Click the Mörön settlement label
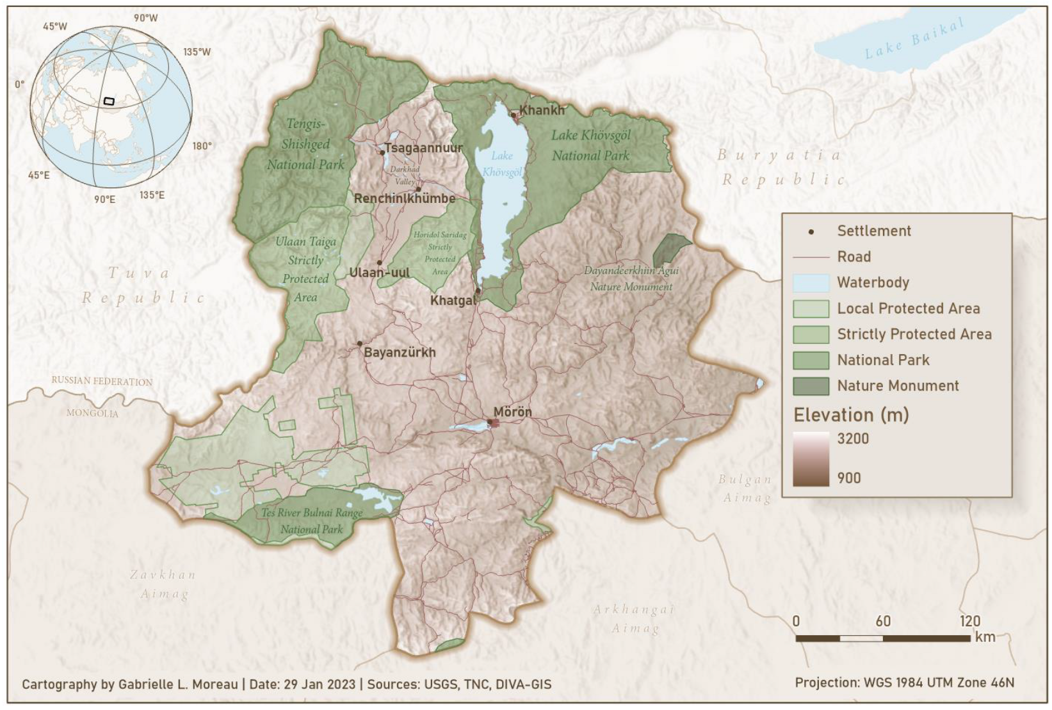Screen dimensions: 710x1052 click(512, 412)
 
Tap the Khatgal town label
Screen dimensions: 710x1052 click(453, 300)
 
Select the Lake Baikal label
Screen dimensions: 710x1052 click(914, 39)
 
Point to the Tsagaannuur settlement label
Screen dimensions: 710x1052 click(423, 148)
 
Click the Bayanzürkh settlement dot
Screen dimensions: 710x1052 click(360, 344)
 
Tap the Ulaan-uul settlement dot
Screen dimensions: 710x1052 click(380, 263)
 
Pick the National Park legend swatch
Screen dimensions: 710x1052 click(811, 360)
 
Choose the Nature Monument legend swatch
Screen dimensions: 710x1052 click(811, 386)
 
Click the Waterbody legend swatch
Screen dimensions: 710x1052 click(811, 283)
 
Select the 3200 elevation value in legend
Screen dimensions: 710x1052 click(853, 439)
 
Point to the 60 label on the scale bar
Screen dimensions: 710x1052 click(883, 621)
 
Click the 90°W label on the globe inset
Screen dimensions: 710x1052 click(145, 18)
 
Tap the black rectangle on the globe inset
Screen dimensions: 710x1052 click(109, 101)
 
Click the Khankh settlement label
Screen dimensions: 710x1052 click(542, 110)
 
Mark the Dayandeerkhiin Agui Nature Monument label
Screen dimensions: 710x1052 click(631, 278)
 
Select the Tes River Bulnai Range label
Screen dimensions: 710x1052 click(312, 513)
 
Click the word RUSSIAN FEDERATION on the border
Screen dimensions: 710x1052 click(102, 381)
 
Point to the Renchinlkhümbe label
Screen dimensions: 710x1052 click(405, 198)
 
